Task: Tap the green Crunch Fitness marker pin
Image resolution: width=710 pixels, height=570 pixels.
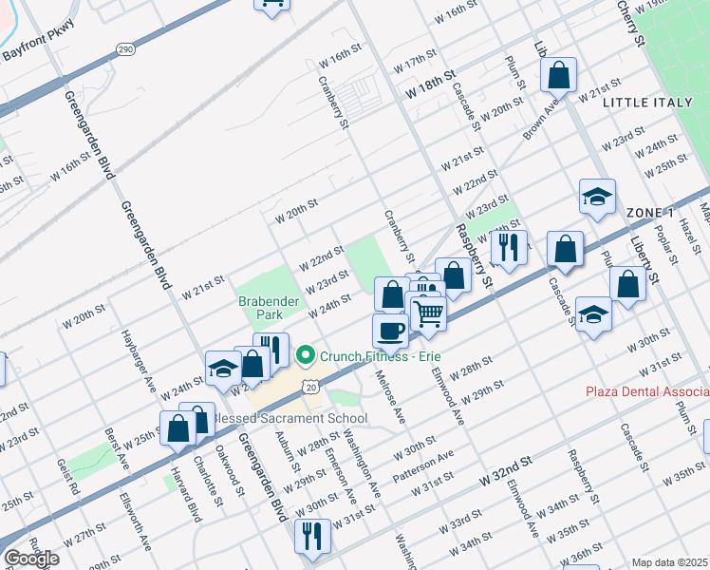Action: coord(306,356)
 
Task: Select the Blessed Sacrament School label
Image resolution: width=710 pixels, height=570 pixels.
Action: coord(276,418)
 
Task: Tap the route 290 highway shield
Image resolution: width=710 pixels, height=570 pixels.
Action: coord(125,48)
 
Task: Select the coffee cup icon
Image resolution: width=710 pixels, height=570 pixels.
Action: coord(390,332)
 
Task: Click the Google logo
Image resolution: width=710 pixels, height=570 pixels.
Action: coord(31,559)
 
